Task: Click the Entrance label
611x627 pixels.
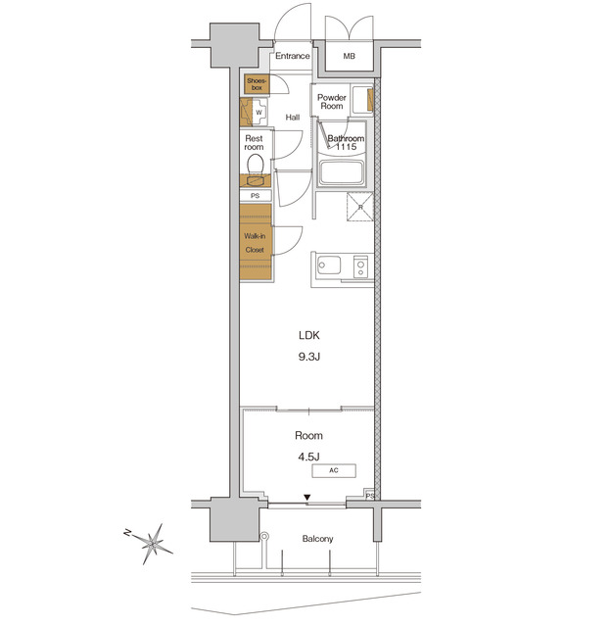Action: pos(292,56)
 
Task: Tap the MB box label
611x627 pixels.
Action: pos(350,57)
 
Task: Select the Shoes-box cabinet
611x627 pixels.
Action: pos(256,84)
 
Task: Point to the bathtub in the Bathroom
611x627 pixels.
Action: pos(343,174)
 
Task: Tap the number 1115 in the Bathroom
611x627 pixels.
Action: pos(345,147)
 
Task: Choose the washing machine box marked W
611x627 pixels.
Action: pos(258,113)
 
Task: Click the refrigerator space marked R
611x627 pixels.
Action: pos(359,208)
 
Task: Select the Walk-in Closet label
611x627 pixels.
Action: pos(255,243)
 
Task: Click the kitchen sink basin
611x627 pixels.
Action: pos(327,265)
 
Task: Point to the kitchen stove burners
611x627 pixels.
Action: pos(359,265)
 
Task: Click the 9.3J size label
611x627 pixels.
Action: pos(309,357)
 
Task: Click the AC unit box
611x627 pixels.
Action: pos(333,471)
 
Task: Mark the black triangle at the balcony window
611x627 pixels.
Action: pos(308,499)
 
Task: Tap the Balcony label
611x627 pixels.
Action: pos(317,539)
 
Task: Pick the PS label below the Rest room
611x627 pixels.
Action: pos(256,196)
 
